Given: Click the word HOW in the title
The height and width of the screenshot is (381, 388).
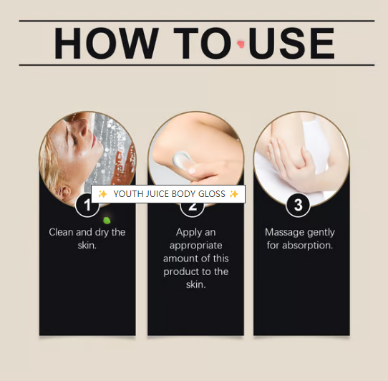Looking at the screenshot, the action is coord(107,43).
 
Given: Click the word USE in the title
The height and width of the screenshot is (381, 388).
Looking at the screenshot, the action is coord(292,43).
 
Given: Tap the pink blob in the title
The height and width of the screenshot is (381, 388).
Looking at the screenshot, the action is coord(241,44).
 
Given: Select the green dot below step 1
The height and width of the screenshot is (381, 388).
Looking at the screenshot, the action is coord(107,220).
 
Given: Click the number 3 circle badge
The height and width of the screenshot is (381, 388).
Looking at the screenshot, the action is coord(298,205).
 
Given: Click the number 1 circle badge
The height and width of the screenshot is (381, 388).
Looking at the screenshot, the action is coord(87,206).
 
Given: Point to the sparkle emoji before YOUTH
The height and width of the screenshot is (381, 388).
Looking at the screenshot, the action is coord(102,194).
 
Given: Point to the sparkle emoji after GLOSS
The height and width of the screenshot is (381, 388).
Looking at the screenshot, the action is coord(233,194).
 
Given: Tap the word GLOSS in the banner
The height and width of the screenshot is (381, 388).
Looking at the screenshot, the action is coord(212,194).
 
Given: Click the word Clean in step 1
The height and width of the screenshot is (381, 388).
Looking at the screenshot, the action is coord(61,232).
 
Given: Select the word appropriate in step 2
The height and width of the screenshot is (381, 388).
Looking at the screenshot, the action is coord(195,246).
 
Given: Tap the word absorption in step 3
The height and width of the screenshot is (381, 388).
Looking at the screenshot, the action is coord(307,246).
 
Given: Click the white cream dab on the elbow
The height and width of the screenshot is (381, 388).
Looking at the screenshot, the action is coord(182,160).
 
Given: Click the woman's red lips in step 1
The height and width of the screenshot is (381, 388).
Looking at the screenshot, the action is coord(94,141).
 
